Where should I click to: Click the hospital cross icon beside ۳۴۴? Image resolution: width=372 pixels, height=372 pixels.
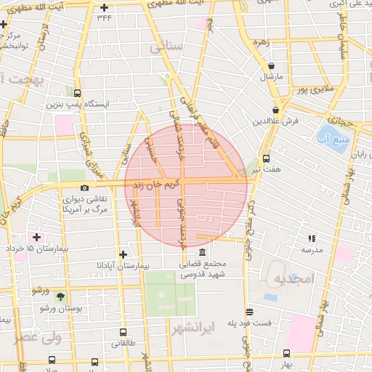[x=105, y=7]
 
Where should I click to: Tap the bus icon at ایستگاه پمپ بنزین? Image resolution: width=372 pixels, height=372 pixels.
[x=78, y=93]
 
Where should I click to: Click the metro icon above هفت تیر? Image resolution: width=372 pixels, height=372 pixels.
[x=266, y=158]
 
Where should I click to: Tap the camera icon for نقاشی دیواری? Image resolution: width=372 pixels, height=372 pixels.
[x=85, y=188]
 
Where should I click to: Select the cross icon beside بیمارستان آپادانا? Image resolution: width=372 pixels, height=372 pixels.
[x=123, y=254]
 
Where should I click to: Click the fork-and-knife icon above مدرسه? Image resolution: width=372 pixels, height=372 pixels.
[x=312, y=238]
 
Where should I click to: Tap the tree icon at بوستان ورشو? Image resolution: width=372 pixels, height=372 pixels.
[x=60, y=296]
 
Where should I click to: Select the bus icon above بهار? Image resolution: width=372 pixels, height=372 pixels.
[x=286, y=354]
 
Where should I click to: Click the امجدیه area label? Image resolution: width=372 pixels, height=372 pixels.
[x=294, y=278]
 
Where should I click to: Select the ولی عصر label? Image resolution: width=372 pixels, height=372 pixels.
[x=26, y=338]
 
